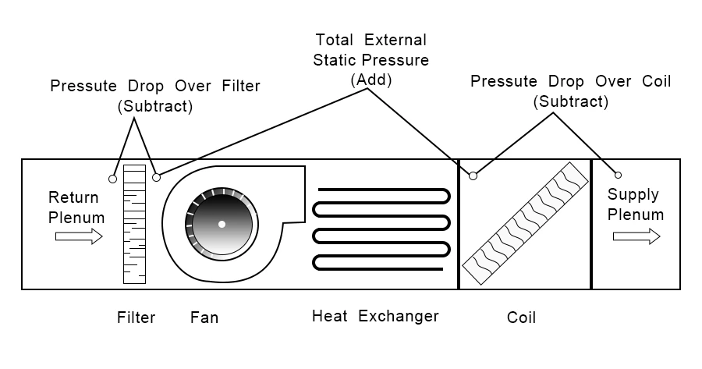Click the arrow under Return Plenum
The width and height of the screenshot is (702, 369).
79,236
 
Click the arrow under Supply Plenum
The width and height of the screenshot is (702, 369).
636,236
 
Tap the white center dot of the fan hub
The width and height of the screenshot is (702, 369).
222,225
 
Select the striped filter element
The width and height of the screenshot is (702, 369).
135,223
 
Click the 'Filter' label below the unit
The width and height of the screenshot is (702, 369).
136,318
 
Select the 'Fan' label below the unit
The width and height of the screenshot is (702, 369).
204,318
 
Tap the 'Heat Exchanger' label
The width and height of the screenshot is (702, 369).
375,317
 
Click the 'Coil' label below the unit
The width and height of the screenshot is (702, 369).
521,318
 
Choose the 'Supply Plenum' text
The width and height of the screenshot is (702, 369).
636,204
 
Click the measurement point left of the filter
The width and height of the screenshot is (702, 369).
113,179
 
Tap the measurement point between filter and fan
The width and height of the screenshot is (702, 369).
156,178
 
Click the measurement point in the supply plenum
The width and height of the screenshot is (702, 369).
619,175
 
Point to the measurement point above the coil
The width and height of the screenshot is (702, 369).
473,176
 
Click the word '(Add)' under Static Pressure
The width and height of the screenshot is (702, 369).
371,79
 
